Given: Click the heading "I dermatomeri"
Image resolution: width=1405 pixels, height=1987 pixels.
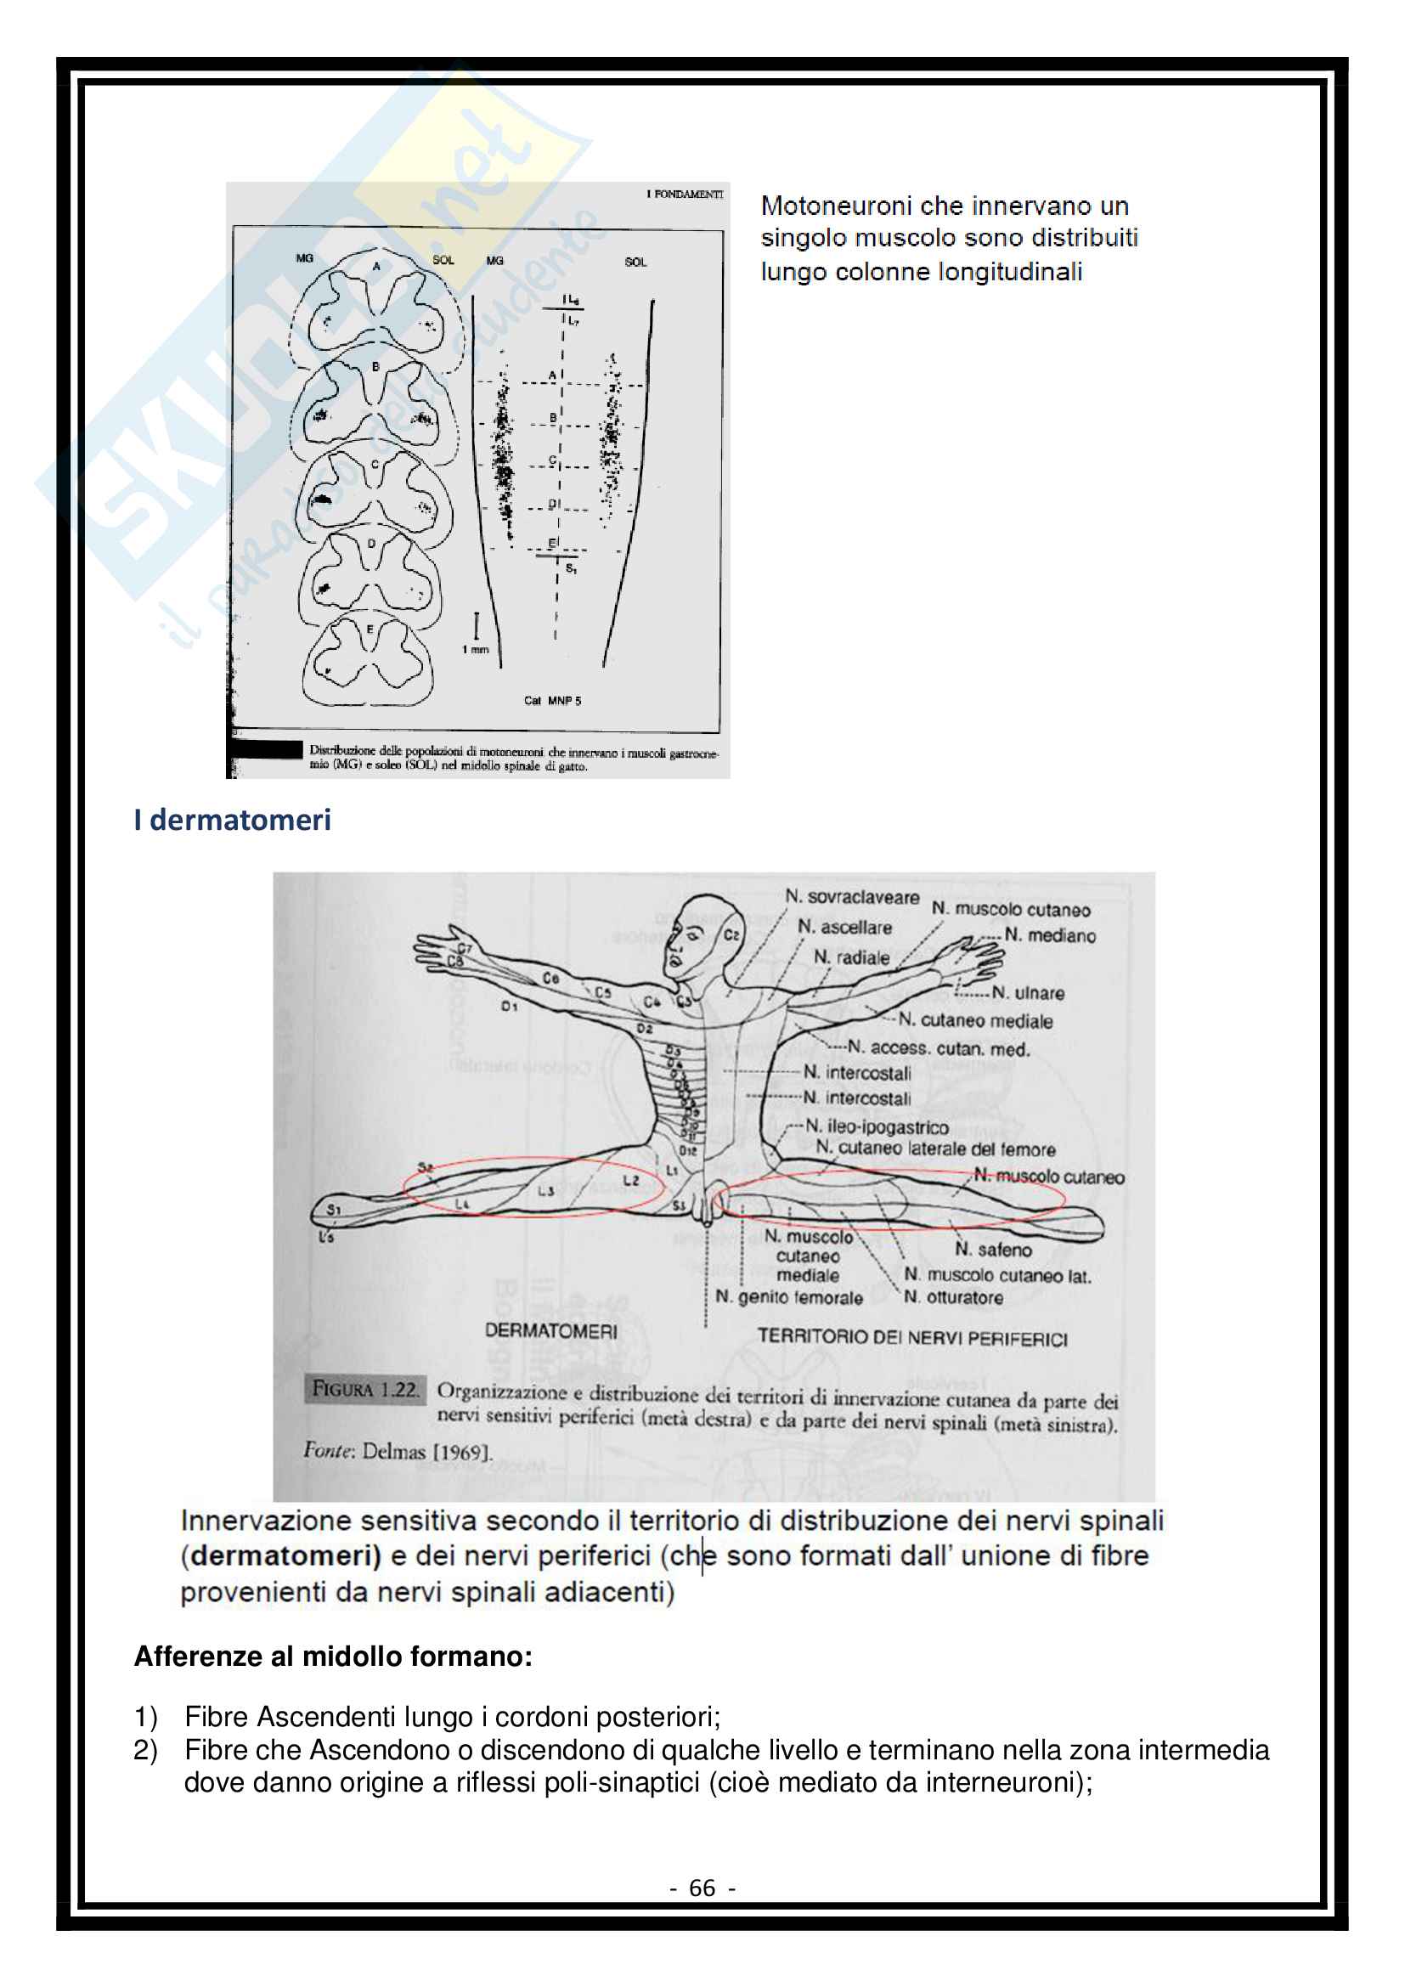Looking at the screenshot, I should point(232,820).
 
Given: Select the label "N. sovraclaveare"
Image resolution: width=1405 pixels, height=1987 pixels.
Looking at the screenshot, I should point(851,896).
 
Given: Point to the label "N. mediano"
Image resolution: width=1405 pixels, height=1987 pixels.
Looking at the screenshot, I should point(1049,935).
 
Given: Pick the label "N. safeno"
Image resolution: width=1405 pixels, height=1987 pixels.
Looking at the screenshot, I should point(993,1250).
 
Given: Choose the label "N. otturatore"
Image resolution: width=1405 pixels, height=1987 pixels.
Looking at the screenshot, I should point(953,1297).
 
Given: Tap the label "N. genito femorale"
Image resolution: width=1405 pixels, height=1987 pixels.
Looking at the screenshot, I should point(788,1297).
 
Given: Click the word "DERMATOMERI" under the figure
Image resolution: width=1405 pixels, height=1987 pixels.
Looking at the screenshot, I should point(551,1331).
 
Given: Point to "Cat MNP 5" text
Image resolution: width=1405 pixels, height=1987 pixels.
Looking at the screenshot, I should point(552,701).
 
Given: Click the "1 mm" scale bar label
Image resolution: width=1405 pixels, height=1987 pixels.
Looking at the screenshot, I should point(475,649).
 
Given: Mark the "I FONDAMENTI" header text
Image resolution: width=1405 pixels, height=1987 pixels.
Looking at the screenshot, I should point(685,195).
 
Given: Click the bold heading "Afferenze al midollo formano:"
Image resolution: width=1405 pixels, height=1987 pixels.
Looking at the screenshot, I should point(333,1657).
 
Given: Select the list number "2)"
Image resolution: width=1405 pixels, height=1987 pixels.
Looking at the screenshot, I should point(145,1750).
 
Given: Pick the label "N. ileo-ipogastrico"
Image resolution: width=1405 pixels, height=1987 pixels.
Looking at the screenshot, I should point(877,1126).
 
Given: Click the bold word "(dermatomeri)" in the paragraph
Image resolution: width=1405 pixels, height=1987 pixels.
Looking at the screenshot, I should point(281,1555).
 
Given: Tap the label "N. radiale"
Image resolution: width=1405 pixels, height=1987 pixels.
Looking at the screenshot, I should point(851,957).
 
